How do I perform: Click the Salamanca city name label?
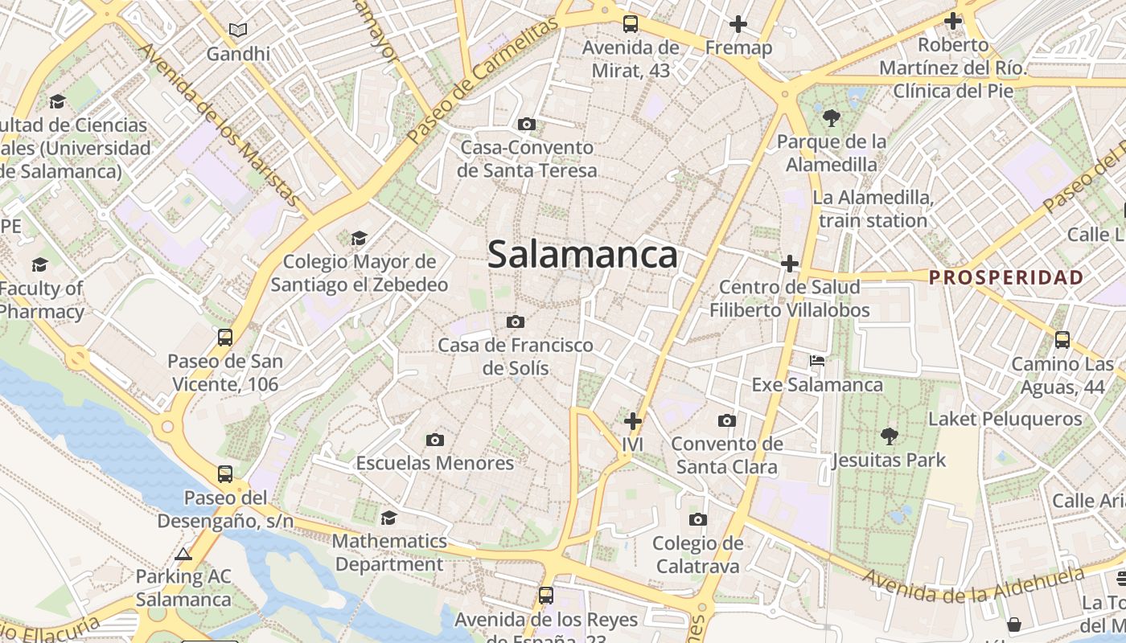(582, 255)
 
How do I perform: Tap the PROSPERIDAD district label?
(1006, 278)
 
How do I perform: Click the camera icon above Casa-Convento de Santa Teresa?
(527, 124)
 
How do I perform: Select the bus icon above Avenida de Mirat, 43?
(631, 24)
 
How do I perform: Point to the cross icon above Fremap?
(738, 24)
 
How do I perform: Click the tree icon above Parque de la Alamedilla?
(832, 118)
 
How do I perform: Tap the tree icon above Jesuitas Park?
(889, 436)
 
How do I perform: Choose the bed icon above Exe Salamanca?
(817, 361)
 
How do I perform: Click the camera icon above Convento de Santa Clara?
(726, 420)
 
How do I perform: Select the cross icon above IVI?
(633, 420)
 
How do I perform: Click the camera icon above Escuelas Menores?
(435, 440)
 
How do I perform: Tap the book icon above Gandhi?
(237, 31)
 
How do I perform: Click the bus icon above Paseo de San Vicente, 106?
(225, 338)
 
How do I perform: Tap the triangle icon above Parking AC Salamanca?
(183, 554)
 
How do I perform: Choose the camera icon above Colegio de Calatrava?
(698, 520)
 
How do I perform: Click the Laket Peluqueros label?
(1005, 419)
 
